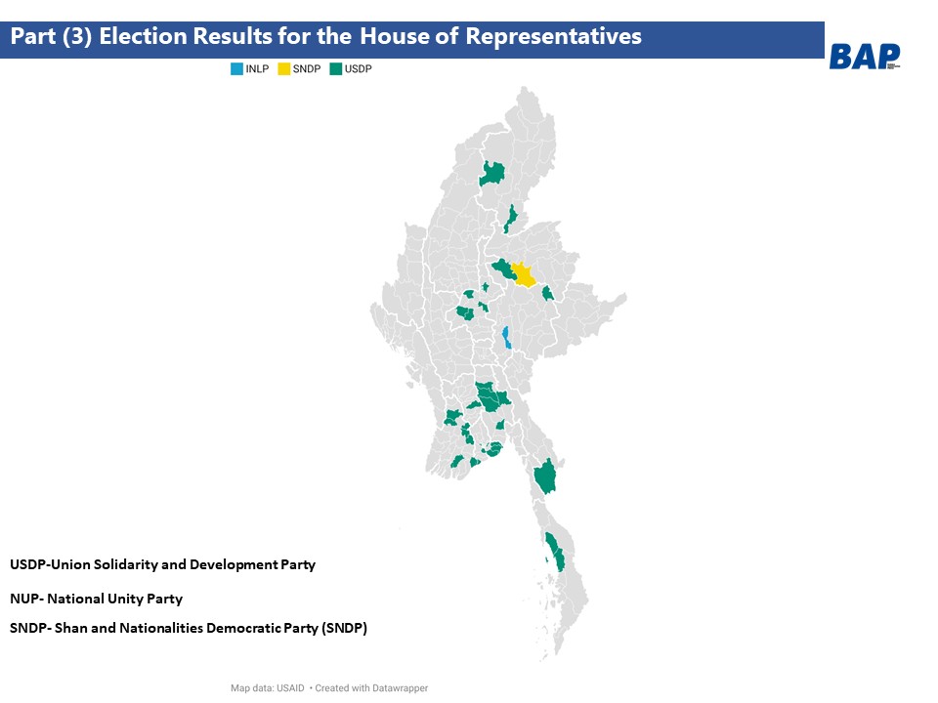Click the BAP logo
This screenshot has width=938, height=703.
(x=865, y=57)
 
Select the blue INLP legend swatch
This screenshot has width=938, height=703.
(x=236, y=68)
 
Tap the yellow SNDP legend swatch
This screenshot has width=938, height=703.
(x=284, y=68)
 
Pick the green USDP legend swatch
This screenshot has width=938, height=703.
(x=335, y=68)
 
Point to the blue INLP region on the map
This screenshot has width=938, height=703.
(x=507, y=337)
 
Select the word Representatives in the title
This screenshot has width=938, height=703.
(x=553, y=36)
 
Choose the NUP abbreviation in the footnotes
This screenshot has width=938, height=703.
(x=23, y=599)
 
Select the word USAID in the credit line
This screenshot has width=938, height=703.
(x=290, y=688)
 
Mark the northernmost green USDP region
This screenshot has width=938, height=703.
(x=492, y=174)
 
